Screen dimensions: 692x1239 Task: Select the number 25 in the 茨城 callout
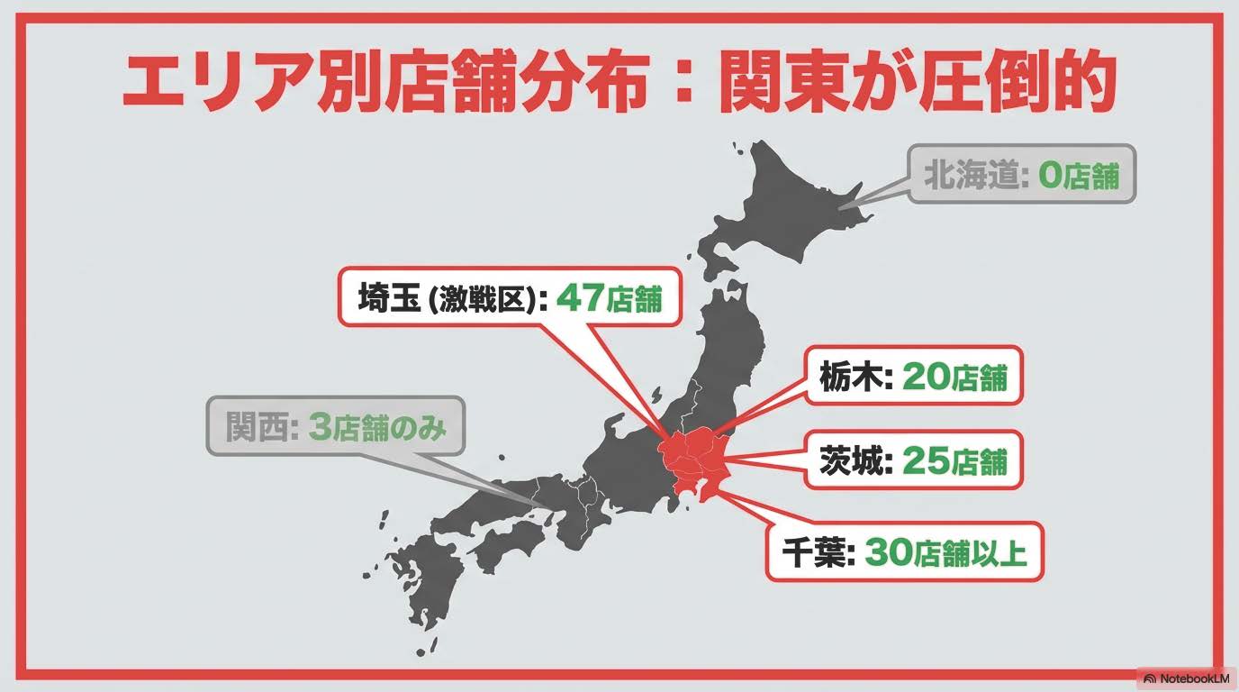[x=925, y=460]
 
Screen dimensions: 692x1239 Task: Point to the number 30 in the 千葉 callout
[x=888, y=551]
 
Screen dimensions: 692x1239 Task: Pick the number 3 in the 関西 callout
[x=320, y=427]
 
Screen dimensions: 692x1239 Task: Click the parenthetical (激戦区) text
[x=486, y=300]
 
